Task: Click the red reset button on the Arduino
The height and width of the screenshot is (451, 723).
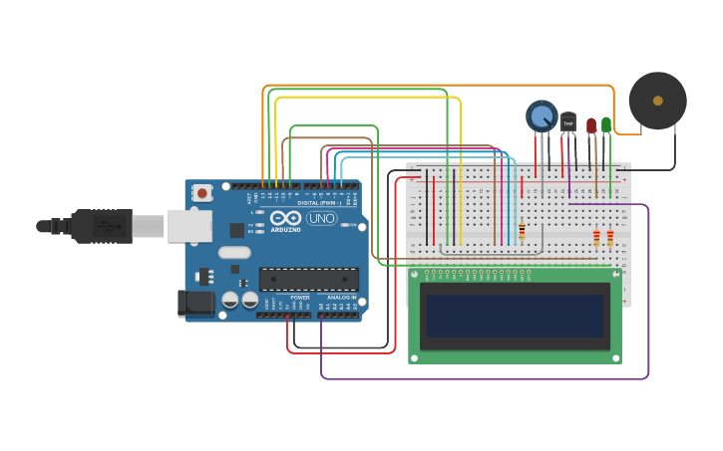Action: tap(202, 192)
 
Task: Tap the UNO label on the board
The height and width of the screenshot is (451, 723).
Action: tap(322, 218)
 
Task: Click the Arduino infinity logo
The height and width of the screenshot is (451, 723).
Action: tap(284, 218)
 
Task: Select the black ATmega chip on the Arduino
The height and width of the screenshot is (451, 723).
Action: tap(308, 279)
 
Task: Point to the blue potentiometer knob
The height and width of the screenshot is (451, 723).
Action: tap(542, 116)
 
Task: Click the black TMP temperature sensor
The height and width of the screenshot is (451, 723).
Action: tap(568, 122)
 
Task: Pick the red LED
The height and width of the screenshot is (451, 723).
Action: tap(591, 125)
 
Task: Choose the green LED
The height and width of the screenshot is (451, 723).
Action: tap(606, 124)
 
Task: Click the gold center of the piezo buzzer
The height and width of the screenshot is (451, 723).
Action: tap(657, 101)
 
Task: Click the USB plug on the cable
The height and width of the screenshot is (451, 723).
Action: tap(100, 226)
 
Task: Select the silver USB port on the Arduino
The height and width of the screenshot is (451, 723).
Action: tap(188, 226)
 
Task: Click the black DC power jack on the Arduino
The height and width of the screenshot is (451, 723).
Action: tap(196, 304)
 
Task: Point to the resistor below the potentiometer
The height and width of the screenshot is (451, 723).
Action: tap(522, 231)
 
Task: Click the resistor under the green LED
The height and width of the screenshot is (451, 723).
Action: tap(610, 238)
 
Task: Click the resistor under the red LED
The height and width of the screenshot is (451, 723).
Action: tap(596, 238)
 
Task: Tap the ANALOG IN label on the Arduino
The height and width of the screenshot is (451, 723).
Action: tap(340, 298)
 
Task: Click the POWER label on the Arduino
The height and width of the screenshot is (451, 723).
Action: tap(299, 298)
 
